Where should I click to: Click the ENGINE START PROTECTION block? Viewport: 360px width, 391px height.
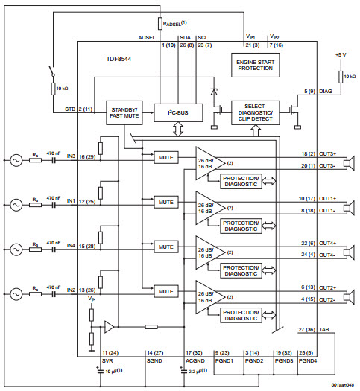[x=256, y=66]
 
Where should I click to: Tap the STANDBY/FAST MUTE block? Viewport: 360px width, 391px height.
[x=123, y=112]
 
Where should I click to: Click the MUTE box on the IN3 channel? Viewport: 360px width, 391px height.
[x=165, y=158]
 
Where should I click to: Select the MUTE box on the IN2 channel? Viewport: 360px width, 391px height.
[x=165, y=291]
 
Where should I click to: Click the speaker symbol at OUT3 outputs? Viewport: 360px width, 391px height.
[x=349, y=161]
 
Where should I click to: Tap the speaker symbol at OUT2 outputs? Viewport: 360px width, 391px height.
[x=349, y=294]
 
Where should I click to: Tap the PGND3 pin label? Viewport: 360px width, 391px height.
[x=282, y=360]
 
